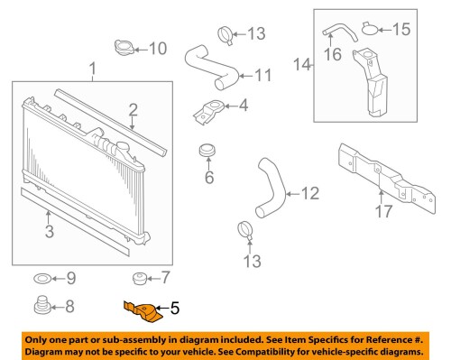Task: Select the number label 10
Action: coord(157,48)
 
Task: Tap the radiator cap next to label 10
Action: coord(122,46)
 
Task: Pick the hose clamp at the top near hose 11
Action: coord(226,36)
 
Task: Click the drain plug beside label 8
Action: coord(41,306)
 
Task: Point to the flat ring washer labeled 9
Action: coord(41,276)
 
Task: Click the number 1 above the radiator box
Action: coord(92,68)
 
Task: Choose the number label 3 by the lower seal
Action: coord(49,232)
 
